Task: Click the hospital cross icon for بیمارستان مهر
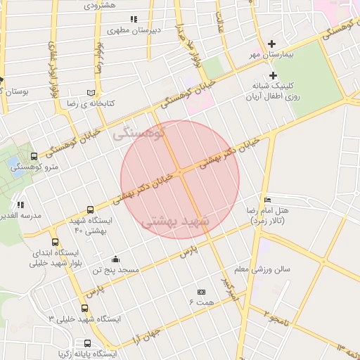(272, 44)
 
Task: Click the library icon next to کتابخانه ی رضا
(90, 92)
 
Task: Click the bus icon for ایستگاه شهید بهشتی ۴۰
(90, 210)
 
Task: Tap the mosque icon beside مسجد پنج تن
(115, 259)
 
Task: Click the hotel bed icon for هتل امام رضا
(266, 200)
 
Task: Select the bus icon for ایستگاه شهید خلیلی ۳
(85, 308)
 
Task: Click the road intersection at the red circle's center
(181, 172)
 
